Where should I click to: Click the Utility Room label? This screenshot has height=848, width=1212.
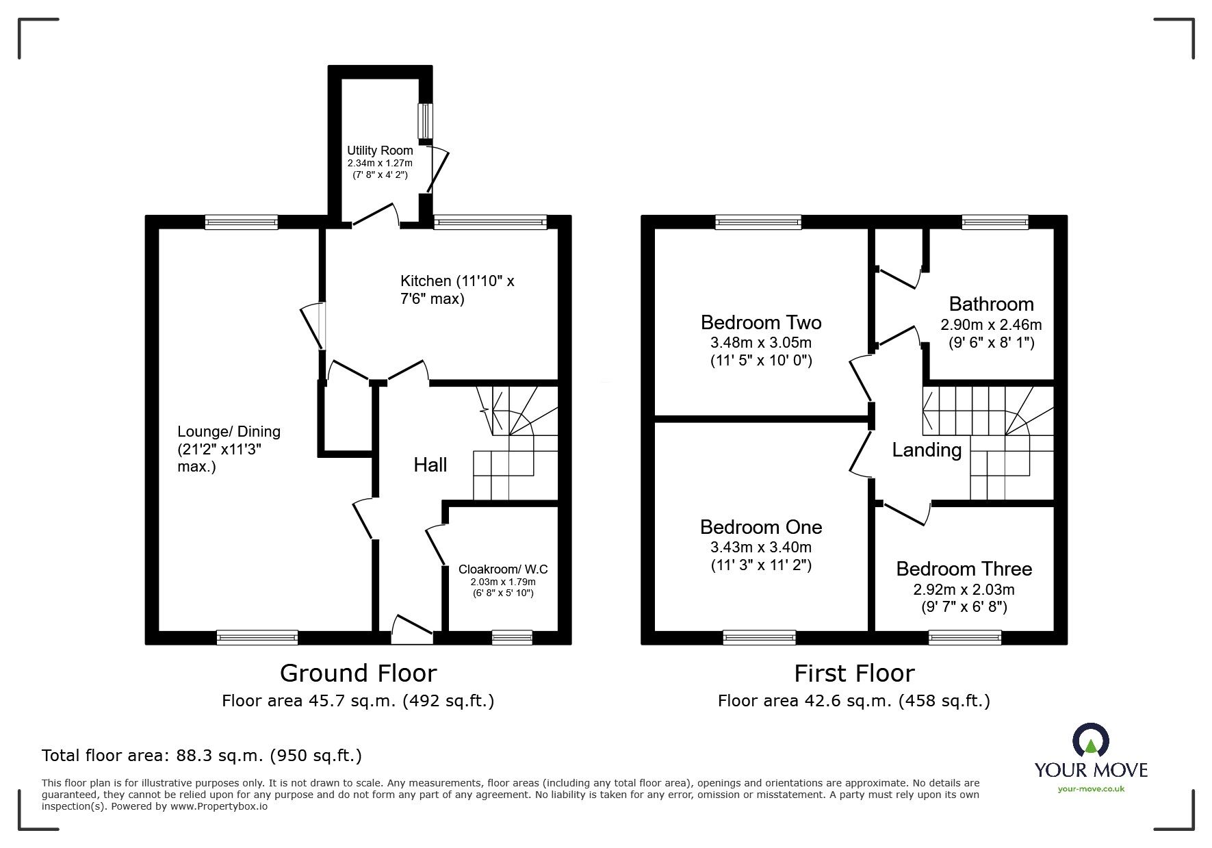pyautogui.click(x=380, y=151)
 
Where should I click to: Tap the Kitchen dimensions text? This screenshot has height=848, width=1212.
pyautogui.click(x=456, y=290)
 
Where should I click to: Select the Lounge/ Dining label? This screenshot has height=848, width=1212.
pyautogui.click(x=229, y=431)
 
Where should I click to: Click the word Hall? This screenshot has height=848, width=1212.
pyautogui.click(x=430, y=465)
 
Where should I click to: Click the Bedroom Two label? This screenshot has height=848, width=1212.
pyautogui.click(x=760, y=322)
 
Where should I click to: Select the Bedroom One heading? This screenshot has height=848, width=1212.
pyautogui.click(x=760, y=527)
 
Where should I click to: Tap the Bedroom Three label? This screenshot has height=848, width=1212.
pyautogui.click(x=964, y=569)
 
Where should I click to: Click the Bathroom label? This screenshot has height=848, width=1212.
pyautogui.click(x=991, y=304)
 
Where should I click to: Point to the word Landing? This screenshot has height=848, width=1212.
pyautogui.click(x=927, y=450)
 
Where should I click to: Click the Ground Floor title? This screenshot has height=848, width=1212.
pyautogui.click(x=358, y=673)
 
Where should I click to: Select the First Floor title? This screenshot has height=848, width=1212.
pyautogui.click(x=853, y=673)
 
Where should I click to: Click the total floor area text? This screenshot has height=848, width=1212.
pyautogui.click(x=201, y=756)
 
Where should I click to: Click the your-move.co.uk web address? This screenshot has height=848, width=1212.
pyautogui.click(x=1091, y=789)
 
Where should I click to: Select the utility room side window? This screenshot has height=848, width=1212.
pyautogui.click(x=426, y=121)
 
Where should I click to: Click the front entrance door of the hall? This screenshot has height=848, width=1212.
pyautogui.click(x=413, y=637)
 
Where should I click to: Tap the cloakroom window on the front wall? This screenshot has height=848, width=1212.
pyautogui.click(x=512, y=637)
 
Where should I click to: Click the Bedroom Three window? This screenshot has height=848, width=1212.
pyautogui.click(x=965, y=637)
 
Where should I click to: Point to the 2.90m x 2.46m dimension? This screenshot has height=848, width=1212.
pyautogui.click(x=991, y=325)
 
